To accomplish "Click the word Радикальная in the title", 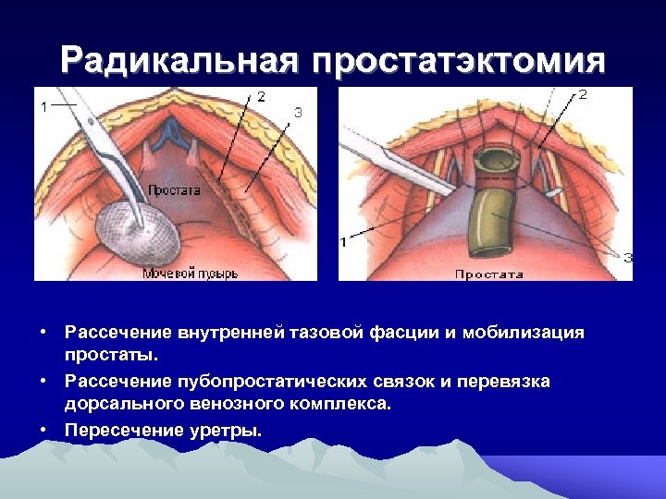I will (x=179, y=62).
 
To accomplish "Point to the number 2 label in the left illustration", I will (x=261, y=96).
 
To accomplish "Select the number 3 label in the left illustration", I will (x=297, y=112).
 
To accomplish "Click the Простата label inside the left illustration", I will (x=173, y=189).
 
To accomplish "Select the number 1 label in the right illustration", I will (x=343, y=242).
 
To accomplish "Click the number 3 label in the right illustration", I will (x=627, y=258).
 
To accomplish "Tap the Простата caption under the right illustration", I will (x=488, y=274).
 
